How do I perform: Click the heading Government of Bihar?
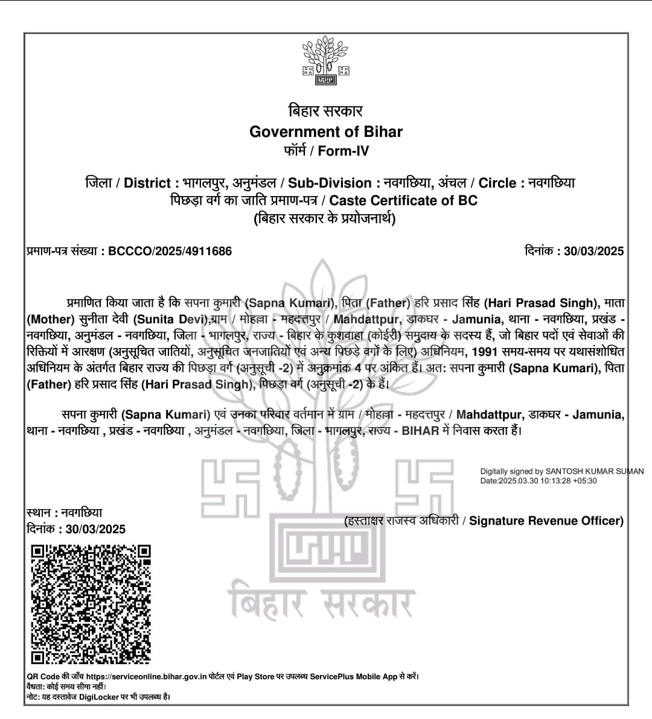tap(326, 131)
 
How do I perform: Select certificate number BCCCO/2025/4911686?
tap(170, 251)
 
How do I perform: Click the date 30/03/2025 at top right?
tap(593, 251)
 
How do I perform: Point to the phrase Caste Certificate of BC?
tap(403, 200)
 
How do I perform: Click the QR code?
tap(91, 604)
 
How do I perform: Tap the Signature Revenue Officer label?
tap(546, 521)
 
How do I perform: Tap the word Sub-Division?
tap(330, 183)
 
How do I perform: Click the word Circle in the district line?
tap(497, 183)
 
